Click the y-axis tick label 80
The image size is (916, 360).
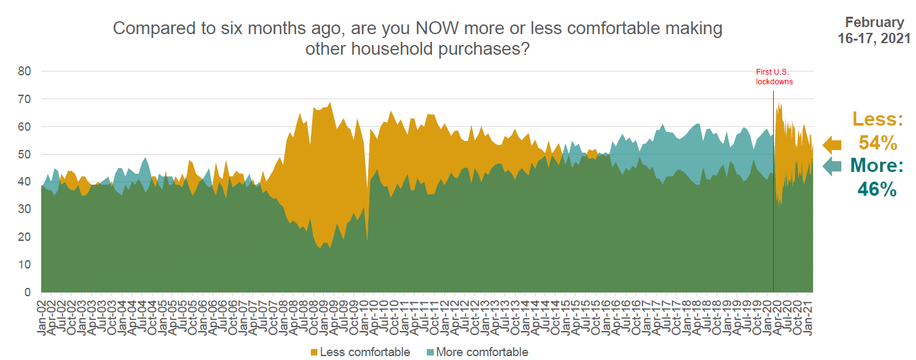24,71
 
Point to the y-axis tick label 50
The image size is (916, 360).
24,155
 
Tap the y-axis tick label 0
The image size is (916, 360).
27,292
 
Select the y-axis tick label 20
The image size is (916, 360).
24,237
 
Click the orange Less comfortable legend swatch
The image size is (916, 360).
315,352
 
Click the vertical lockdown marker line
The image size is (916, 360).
773,193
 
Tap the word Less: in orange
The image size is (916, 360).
877,119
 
